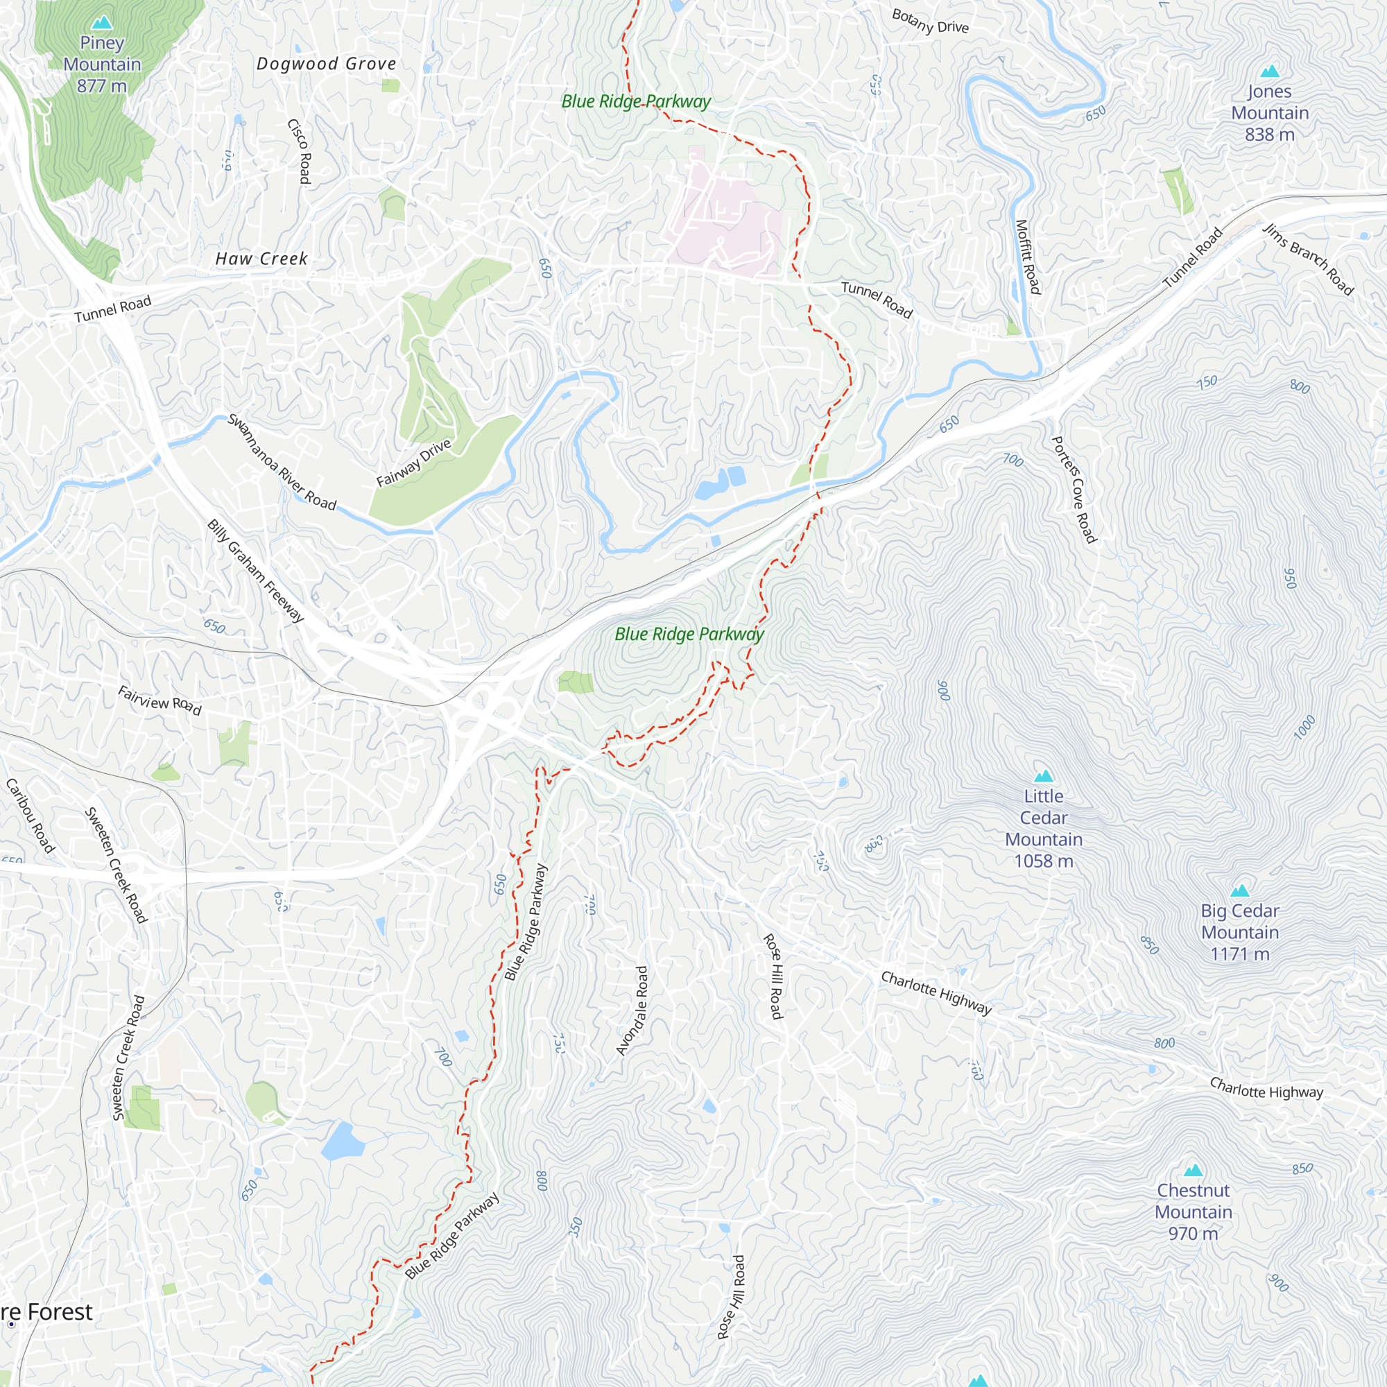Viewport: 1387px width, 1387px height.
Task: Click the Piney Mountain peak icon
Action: click(102, 23)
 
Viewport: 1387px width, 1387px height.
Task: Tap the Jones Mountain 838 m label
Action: click(1269, 113)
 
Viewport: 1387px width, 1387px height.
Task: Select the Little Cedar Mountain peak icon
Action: click(1043, 776)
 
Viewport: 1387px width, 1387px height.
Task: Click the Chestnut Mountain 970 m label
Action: click(1193, 1212)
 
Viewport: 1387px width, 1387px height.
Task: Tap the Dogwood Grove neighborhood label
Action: click(327, 64)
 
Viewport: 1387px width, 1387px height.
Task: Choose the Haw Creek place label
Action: click(261, 259)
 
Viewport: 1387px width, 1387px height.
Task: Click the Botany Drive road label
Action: click(930, 21)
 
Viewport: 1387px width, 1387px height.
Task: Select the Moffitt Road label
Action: click(1027, 257)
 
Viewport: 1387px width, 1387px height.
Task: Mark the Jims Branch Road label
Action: click(1308, 260)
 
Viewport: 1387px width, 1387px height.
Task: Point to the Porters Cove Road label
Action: click(1074, 490)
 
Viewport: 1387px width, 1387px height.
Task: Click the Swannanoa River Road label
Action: click(282, 462)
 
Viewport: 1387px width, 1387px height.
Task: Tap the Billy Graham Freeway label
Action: click(256, 571)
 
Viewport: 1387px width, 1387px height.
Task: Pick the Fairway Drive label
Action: click(413, 463)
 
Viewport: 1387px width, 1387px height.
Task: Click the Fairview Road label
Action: click(160, 700)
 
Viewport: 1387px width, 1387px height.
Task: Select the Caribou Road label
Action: click(30, 816)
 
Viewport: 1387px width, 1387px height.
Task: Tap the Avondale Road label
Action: click(632, 1011)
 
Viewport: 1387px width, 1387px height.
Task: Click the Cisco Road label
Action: click(300, 151)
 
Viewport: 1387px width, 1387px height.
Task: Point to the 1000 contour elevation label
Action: click(1304, 727)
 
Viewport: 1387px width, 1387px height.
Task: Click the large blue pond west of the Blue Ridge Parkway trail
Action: click(342, 1142)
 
